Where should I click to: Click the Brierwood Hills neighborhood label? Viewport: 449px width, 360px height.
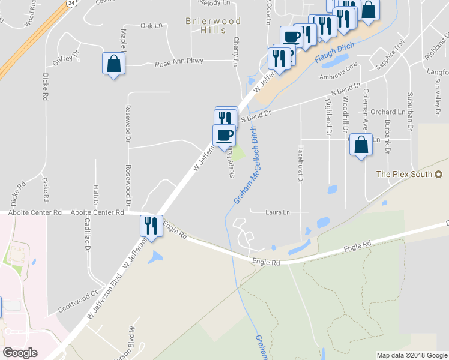pyautogui.click(x=213, y=26)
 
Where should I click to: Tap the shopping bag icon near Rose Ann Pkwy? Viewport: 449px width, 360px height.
pyautogui.click(x=113, y=64)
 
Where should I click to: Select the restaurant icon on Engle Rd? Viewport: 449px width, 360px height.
pyautogui.click(x=151, y=226)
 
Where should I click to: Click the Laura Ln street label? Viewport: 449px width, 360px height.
pyautogui.click(x=278, y=212)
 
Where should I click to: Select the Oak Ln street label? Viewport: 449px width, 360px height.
pyautogui.click(x=151, y=26)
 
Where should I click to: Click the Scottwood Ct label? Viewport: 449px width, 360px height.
pyautogui.click(x=77, y=301)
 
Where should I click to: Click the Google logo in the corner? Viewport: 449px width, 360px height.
pyautogui.click(x=20, y=352)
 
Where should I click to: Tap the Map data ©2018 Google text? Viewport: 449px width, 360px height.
pyautogui.click(x=412, y=355)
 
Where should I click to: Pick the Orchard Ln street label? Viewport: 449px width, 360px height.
pyautogui.click(x=387, y=112)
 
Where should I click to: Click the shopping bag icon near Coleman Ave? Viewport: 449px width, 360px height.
pyautogui.click(x=360, y=145)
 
